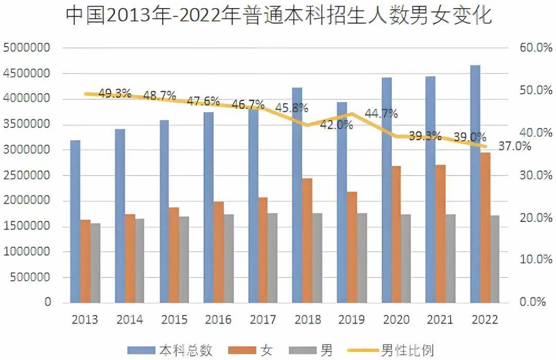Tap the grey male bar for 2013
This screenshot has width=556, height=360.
click(95, 263)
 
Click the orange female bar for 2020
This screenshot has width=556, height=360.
click(395, 234)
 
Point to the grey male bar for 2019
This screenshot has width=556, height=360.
click(362, 258)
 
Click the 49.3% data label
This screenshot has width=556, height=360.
click(115, 94)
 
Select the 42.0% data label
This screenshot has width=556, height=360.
click(336, 125)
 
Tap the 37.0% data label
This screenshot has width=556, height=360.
click(514, 146)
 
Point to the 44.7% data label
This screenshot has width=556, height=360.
click(381, 114)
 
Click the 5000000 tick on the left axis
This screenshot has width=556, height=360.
click(27, 48)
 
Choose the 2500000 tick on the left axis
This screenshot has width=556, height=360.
click(27, 175)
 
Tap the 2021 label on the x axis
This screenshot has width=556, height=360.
click(440, 320)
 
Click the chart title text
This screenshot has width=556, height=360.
click(279, 15)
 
